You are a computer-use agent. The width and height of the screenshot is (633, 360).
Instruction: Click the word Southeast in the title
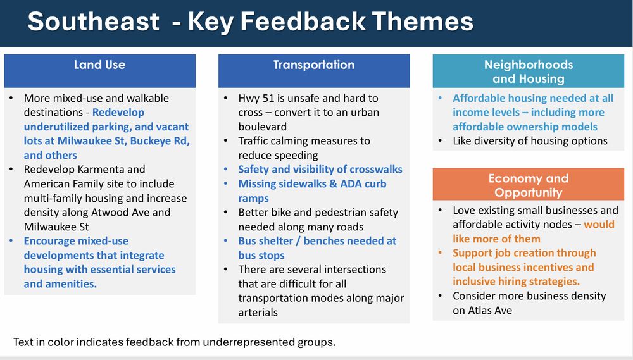point(93,22)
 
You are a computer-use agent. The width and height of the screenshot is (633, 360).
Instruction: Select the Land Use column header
point(100,71)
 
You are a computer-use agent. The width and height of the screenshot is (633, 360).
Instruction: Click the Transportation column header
point(314,71)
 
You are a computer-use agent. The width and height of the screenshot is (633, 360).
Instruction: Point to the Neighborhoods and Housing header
point(529,71)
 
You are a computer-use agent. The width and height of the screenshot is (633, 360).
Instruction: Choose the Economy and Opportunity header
point(529,185)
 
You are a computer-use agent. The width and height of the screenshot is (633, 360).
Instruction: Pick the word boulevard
point(263,127)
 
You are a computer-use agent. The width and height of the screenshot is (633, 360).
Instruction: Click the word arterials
point(258,313)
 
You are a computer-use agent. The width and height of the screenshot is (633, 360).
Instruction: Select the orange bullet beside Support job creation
point(441,253)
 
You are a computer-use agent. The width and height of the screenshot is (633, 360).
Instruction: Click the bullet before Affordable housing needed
point(441,98)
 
